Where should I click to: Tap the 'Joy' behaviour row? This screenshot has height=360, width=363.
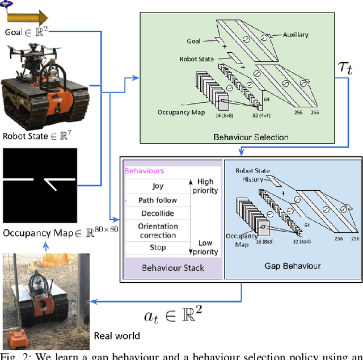[x=158, y=186]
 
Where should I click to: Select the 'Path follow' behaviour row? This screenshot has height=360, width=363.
[x=158, y=200]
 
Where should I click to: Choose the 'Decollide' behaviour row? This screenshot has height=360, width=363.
[x=158, y=214]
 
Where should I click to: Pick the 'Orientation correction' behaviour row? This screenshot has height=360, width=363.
[x=158, y=231]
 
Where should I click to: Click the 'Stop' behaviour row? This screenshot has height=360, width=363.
[x=158, y=248]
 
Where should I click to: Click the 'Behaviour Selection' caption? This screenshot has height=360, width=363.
[x=251, y=137]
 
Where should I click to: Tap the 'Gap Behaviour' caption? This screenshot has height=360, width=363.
[x=293, y=265]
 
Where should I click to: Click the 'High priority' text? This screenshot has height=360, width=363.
[x=205, y=186]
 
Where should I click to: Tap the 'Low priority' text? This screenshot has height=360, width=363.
[x=205, y=247]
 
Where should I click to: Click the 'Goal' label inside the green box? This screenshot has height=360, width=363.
[x=194, y=41]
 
